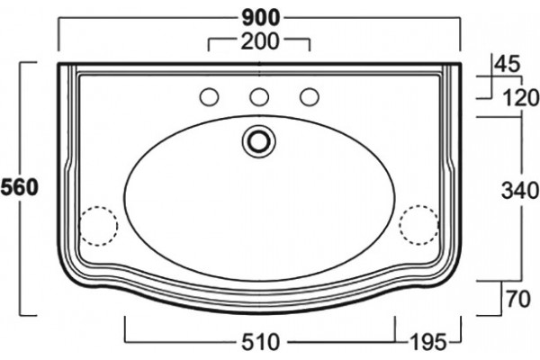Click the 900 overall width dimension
point(260,18)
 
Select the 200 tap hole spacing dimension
point(260,41)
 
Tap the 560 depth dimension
point(19,188)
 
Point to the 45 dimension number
point(507,64)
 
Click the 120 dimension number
point(521,97)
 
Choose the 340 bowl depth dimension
point(520,191)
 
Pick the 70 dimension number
point(518,299)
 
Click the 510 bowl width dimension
point(260,342)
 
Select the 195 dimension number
point(428,342)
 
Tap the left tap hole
point(209,97)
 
